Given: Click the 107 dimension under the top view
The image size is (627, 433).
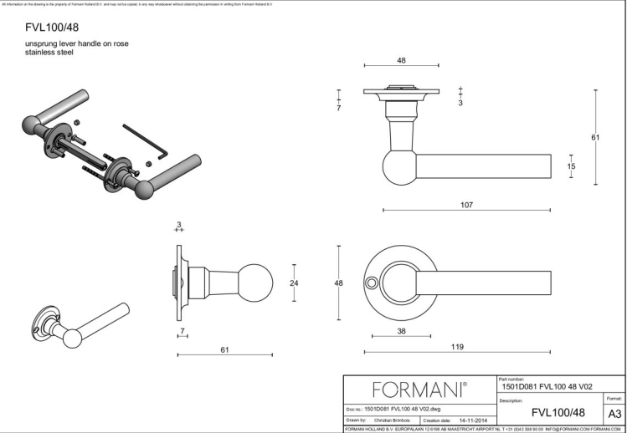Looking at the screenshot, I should point(466,205).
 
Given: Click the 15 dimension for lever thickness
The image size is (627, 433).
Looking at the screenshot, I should point(572,166).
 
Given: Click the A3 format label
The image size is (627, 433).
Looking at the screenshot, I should point(614,413).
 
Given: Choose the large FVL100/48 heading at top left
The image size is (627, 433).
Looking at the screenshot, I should point(53,28).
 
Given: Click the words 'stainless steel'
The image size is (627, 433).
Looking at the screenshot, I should point(49,52).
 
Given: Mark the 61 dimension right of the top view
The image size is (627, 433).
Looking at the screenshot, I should point(595,137).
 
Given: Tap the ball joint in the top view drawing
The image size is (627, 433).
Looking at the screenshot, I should point(398,166).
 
